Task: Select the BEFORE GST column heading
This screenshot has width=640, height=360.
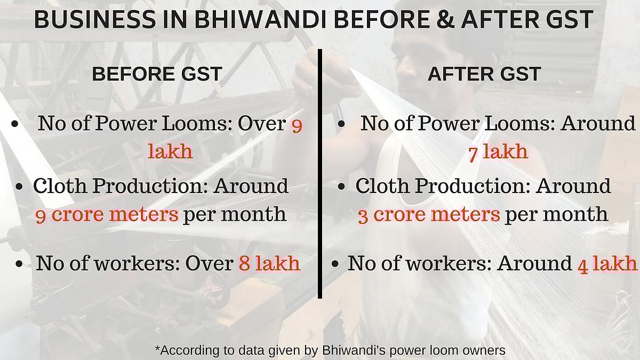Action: [157, 75]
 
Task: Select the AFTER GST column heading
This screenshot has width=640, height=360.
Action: [484, 75]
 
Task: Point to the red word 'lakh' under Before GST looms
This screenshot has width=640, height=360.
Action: [170, 152]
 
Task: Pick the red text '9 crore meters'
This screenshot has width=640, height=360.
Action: [107, 215]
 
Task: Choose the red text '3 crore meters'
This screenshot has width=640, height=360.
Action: [429, 215]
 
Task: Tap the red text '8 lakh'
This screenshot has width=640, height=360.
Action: [269, 264]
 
